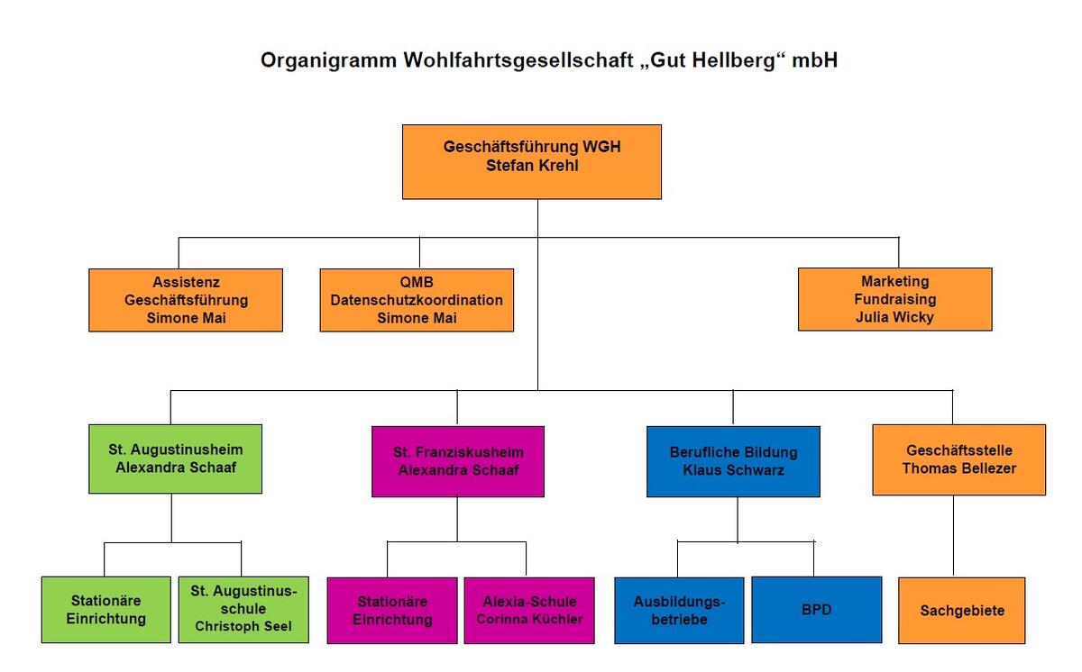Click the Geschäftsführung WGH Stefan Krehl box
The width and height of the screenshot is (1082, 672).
tap(531, 161)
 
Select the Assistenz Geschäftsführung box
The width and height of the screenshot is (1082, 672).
tap(186, 300)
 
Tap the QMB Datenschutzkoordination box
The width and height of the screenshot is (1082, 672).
tap(417, 300)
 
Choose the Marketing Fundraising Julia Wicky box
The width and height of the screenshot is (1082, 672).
tap(894, 299)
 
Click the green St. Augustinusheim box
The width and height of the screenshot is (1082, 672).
tap(175, 459)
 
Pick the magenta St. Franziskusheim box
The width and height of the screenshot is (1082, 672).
tap(458, 461)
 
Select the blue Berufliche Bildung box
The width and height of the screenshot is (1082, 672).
tap(733, 461)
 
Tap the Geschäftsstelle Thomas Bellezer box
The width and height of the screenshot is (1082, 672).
tap(958, 459)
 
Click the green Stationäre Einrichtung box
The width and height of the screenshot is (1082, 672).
tap(105, 610)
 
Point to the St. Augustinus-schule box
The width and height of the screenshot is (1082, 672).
tap(243, 610)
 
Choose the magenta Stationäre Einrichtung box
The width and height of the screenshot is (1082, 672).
tap(392, 611)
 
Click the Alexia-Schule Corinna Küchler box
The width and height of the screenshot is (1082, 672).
tap(529, 611)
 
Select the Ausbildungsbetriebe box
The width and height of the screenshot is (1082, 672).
tap(679, 611)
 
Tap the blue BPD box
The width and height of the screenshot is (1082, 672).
tap(816, 610)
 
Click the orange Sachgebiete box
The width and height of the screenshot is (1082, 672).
tap(962, 611)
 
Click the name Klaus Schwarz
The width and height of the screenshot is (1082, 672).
tap(733, 470)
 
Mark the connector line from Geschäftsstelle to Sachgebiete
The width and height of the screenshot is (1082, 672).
tap(953, 536)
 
